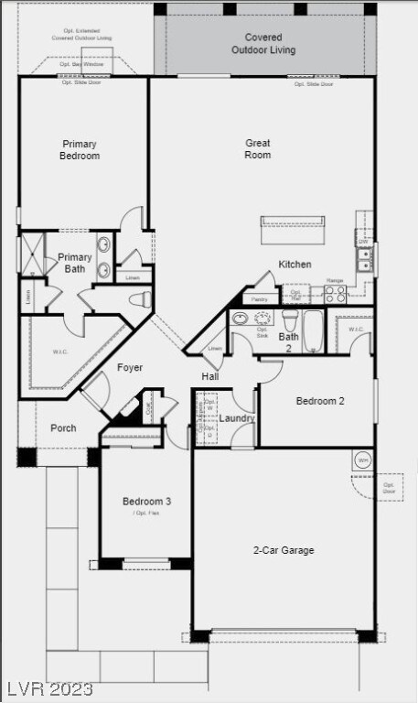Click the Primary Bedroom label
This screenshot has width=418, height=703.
pyautogui.click(x=80, y=150)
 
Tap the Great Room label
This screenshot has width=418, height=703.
pyautogui.click(x=258, y=149)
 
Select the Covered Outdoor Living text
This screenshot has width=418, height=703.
pyautogui.click(x=263, y=44)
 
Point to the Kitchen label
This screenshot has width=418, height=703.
pyautogui.click(x=295, y=265)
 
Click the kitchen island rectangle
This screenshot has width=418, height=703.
pyautogui.click(x=293, y=222)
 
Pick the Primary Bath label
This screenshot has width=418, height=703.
pyautogui.click(x=74, y=264)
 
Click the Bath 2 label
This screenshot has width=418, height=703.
pyautogui.click(x=288, y=342)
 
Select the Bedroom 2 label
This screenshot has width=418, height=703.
pyautogui.click(x=320, y=401)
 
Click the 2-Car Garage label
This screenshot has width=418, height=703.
pyautogui.click(x=284, y=550)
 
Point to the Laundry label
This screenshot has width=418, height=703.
pyautogui.click(x=237, y=418)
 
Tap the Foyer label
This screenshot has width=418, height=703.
pyautogui.click(x=130, y=368)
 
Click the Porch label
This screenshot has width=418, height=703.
pyautogui.click(x=63, y=427)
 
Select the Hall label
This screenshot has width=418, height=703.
pyautogui.click(x=209, y=376)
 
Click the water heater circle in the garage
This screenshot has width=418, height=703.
pyautogui.click(x=362, y=460)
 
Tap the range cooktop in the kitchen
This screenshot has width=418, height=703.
pyautogui.click(x=335, y=294)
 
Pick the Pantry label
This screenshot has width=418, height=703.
pyautogui.click(x=260, y=299)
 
